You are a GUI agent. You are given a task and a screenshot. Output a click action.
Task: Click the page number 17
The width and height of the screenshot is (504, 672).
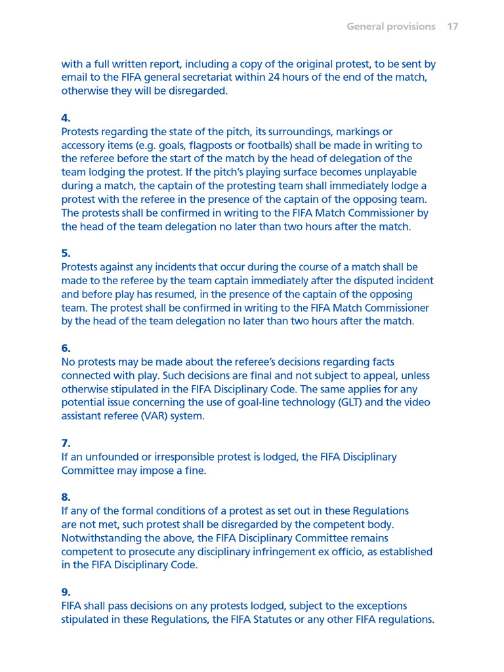click(452, 27)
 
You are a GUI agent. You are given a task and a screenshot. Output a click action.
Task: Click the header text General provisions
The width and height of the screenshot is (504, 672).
click(390, 27)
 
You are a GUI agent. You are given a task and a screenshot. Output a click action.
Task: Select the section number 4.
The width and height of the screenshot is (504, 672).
click(66, 118)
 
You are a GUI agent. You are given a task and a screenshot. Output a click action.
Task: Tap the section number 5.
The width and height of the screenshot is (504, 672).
click(66, 253)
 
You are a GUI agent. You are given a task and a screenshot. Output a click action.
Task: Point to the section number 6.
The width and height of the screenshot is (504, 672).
click(66, 348)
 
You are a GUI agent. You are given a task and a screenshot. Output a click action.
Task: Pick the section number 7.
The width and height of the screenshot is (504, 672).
click(66, 443)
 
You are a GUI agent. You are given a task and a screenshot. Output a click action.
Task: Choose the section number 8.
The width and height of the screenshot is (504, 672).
click(66, 497)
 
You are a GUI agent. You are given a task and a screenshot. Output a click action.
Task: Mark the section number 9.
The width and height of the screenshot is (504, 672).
click(66, 592)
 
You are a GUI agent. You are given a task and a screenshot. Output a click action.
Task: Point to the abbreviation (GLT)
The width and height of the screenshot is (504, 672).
click(350, 402)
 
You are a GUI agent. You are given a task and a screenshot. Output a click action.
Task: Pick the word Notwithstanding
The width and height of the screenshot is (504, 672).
click(99, 538)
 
